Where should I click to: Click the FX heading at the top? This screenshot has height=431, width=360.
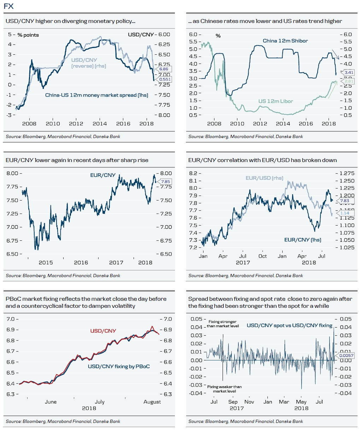coord(8,6)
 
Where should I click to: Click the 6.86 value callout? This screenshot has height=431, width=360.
coord(164,69)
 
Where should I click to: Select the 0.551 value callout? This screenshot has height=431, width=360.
coord(165,79)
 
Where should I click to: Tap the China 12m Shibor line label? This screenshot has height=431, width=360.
coord(285,41)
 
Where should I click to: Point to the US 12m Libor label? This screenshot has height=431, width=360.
coord(276,101)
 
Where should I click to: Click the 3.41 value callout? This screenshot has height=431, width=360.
coord(349,73)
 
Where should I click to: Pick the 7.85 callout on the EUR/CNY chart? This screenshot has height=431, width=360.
coord(165,182)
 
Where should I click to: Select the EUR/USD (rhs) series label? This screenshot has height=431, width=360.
coord(264,178)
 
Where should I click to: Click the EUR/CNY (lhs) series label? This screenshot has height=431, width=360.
coord(302,240)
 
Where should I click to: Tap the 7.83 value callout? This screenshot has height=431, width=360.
coord(344,201)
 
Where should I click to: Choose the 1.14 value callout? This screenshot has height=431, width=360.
coord(345,213)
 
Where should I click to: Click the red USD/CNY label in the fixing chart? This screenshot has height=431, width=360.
coord(103,331)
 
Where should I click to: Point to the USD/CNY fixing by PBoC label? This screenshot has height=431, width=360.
coord(119,366)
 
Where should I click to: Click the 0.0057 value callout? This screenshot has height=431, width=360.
coord(346,355)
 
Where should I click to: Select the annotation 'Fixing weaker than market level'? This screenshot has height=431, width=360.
coord(224,389)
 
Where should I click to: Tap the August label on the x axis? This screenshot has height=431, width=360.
coord(152,402)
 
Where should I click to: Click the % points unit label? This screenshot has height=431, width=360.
coord(28,35)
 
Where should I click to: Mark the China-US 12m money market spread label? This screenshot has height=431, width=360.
coord(96,95)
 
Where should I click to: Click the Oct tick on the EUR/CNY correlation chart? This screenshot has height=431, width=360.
coord(262,256)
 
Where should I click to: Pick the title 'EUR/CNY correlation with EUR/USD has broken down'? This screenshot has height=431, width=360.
coord(262,160)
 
